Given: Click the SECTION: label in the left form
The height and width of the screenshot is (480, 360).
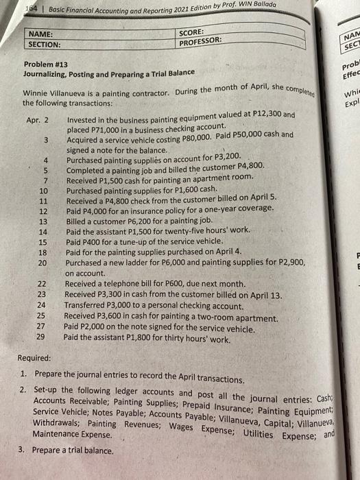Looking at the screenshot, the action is (x=47, y=44).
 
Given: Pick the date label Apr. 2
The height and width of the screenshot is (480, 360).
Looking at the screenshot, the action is (x=38, y=120).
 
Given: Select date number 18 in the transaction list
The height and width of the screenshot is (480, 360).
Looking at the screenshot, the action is (x=43, y=252).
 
